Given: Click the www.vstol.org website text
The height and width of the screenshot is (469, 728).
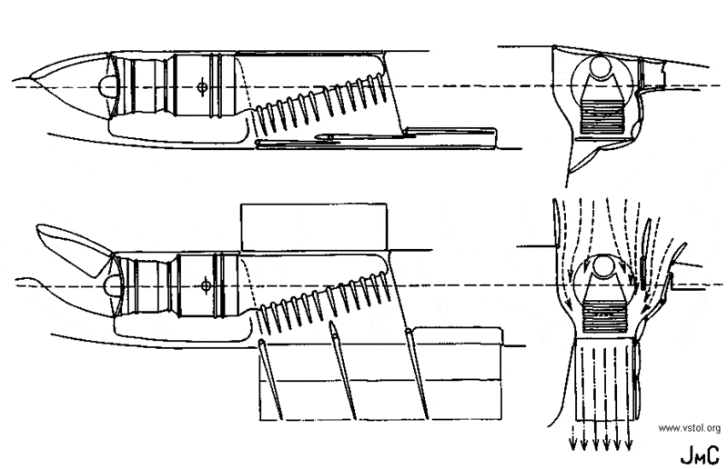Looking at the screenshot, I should click(687, 427).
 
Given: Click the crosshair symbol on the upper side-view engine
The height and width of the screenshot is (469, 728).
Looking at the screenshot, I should click(201, 88).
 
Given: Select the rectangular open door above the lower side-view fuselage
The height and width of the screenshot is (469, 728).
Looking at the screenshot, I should click(313, 225).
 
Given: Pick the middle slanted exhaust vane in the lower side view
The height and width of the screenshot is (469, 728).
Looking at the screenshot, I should click(345, 370).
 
